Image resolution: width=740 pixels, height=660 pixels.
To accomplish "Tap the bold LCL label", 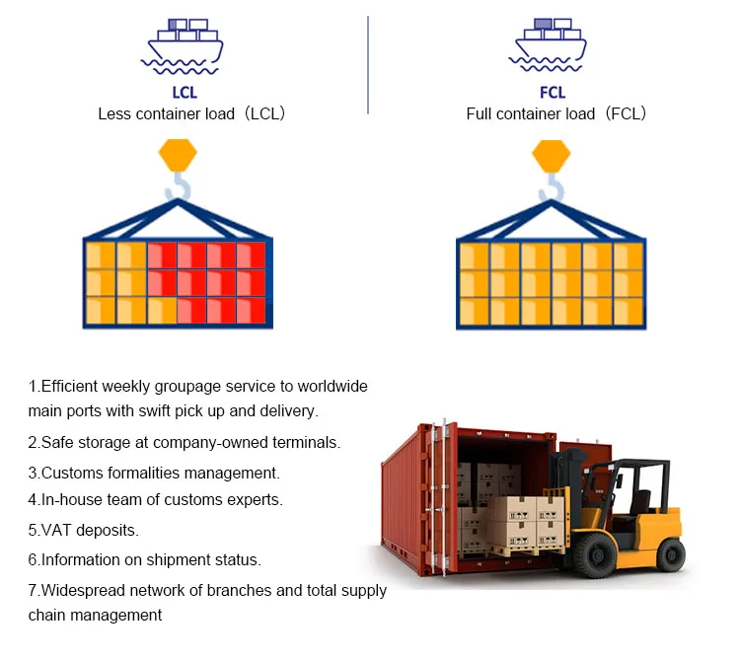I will coord(185,93).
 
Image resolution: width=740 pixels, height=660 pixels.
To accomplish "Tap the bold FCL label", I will coord(554,93).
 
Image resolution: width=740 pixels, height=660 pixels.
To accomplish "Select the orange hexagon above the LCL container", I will coord(179,155).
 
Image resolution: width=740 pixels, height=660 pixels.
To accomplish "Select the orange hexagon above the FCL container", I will coord(552,155).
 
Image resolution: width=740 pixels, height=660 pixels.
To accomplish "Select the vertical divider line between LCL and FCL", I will coord(368,64).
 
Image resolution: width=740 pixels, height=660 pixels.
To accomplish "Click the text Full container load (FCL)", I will coord(556,113).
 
